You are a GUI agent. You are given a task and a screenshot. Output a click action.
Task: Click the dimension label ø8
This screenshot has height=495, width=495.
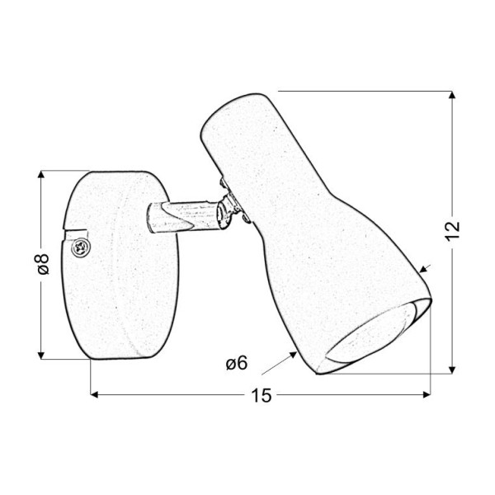[42, 264]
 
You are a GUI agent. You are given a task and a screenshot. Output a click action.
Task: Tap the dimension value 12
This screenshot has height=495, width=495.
[452, 231]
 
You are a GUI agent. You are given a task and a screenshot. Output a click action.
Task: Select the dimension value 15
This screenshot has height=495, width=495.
[262, 395]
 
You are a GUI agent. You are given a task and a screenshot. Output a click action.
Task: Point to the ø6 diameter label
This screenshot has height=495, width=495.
[237, 363]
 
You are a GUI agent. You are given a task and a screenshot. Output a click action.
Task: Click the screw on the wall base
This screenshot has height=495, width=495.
[79, 247]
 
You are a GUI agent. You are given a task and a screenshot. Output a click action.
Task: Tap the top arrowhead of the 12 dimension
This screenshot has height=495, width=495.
[452, 95]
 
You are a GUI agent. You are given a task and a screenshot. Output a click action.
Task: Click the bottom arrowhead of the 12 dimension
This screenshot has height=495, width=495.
[452, 370]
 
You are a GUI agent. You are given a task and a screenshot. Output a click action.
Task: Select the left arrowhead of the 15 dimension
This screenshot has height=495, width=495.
[95, 394]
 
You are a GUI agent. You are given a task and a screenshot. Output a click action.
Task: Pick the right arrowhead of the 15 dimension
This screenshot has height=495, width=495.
[427, 394]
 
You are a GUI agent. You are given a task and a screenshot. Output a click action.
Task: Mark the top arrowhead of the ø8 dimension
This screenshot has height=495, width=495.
[41, 175]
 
